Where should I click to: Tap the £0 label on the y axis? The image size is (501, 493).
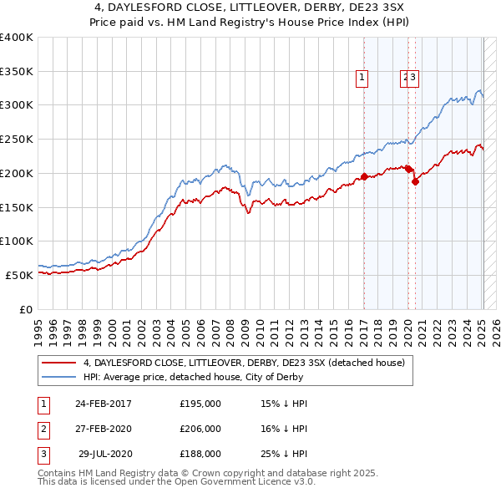tap(26, 308)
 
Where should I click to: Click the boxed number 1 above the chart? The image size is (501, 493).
tap(362, 78)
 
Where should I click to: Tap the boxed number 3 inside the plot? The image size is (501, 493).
tap(413, 78)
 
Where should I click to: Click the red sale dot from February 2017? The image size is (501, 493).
tap(364, 176)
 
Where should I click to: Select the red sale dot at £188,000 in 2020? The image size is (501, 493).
tap(415, 181)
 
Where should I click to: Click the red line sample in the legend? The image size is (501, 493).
tap(58, 363)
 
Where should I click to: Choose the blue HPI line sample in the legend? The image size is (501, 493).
tap(58, 376)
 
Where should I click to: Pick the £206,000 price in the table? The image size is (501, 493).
tap(200, 429)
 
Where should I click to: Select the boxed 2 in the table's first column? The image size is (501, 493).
tap(43, 429)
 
